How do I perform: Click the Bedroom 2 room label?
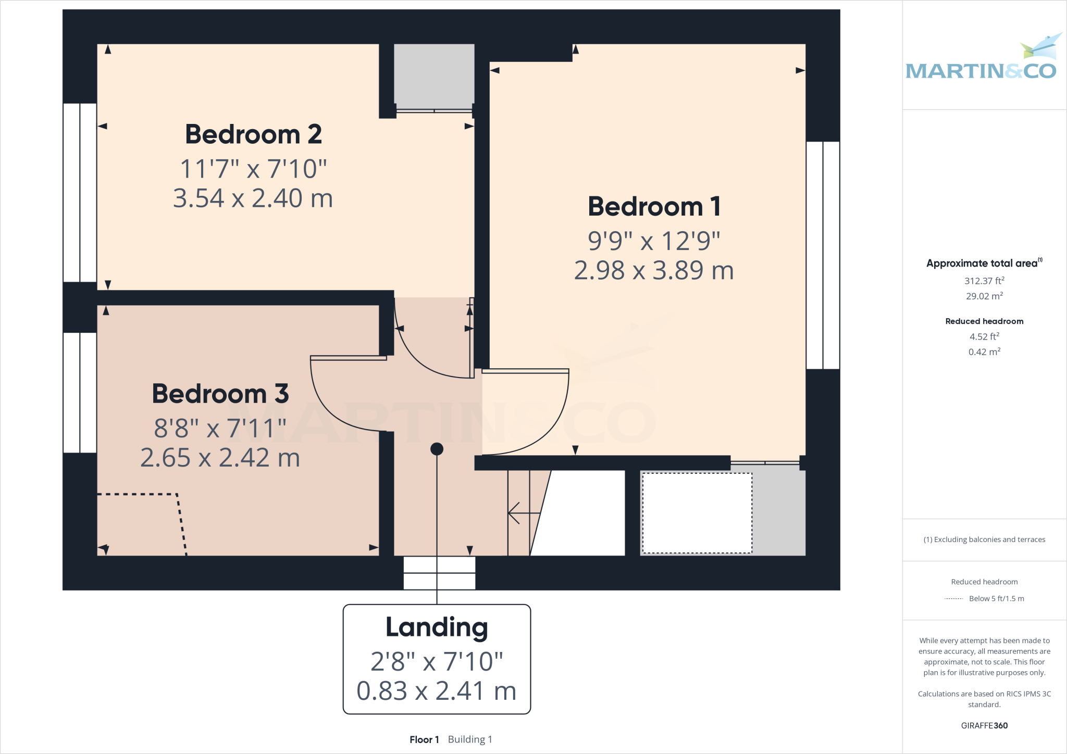(x=253, y=134)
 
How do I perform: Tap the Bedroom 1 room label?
(x=654, y=207)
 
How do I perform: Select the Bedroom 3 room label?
(x=220, y=394)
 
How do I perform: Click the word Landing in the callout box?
(x=437, y=627)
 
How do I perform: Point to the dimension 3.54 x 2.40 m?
(x=253, y=198)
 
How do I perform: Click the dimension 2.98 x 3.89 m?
(x=654, y=271)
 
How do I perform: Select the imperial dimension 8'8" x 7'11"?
(x=220, y=429)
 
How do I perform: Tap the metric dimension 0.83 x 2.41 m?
(x=437, y=691)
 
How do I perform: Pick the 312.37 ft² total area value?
(x=984, y=281)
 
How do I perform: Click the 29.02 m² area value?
(x=984, y=296)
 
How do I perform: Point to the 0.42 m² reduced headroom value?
(x=984, y=352)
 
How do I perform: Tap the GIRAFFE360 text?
(x=984, y=725)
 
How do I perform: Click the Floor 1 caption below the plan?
(x=424, y=739)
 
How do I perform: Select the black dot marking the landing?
(x=437, y=449)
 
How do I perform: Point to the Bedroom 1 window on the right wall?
(x=823, y=255)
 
